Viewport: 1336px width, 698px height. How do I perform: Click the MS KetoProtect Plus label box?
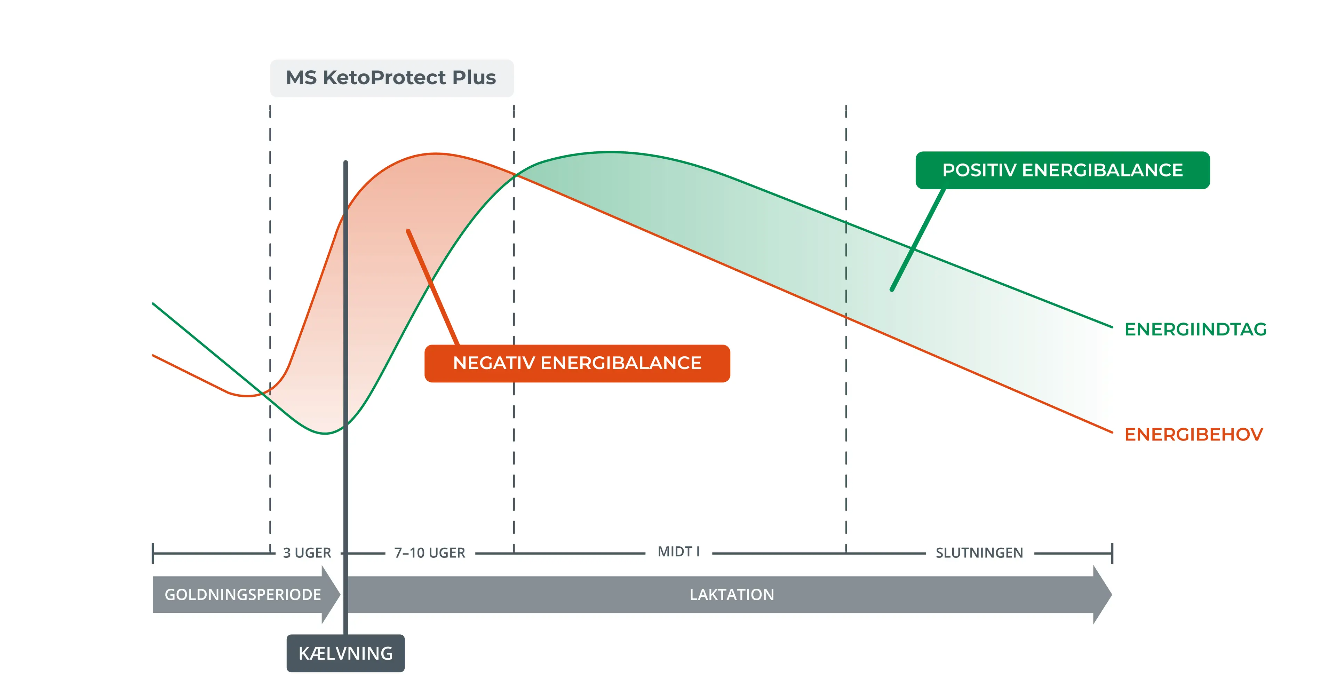pos(391,78)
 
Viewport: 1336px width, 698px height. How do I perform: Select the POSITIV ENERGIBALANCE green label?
pos(1062,170)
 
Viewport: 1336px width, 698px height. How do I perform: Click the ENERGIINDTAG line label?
pos(1195,329)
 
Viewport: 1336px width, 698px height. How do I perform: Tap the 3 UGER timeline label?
pos(307,553)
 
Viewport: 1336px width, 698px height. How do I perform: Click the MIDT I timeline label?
pos(678,552)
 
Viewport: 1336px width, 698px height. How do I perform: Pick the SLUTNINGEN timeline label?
pos(979,553)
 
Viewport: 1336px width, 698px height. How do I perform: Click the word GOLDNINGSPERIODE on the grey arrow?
pos(243,595)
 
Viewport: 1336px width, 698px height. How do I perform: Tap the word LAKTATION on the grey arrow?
pos(731,595)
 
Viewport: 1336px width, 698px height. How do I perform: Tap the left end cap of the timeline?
pos(153,553)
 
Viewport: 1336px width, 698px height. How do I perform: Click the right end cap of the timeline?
pos(1112,553)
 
